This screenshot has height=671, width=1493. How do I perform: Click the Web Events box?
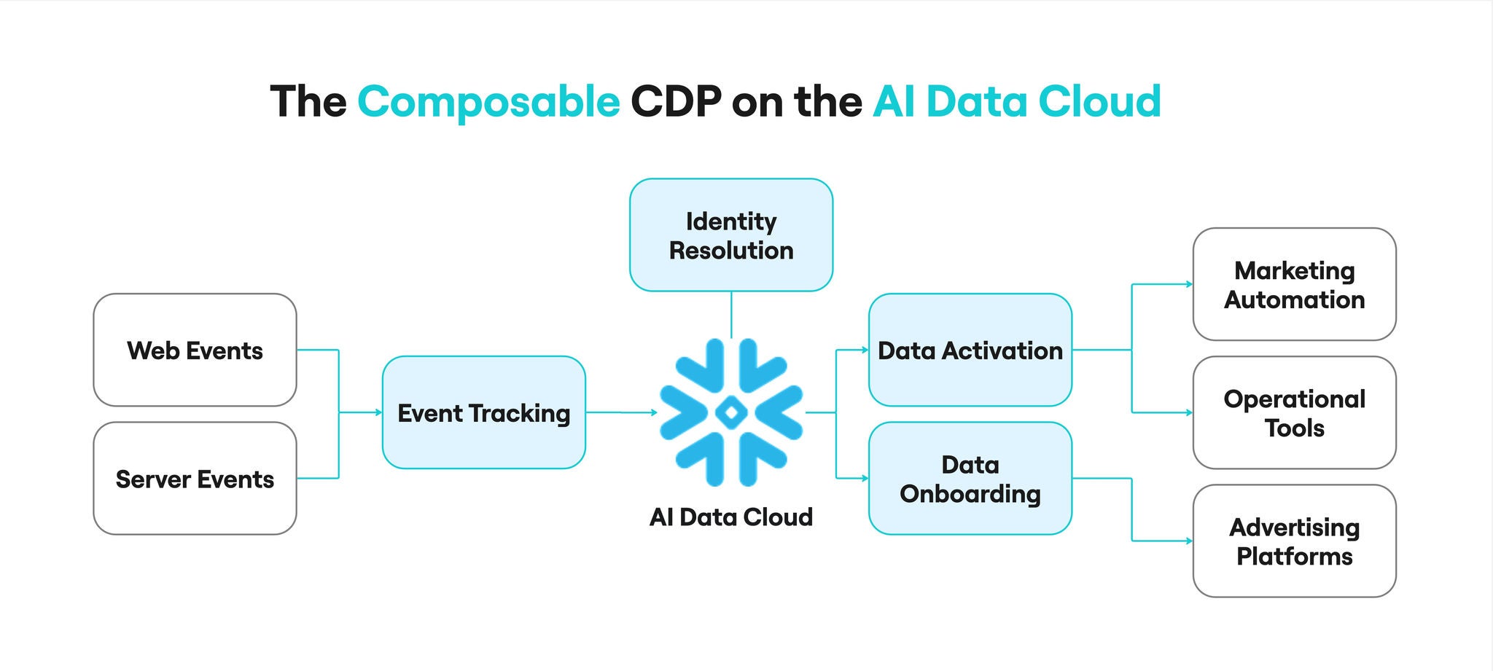click(195, 350)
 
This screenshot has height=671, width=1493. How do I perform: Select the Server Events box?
click(195, 479)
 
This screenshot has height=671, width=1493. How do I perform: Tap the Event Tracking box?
click(483, 412)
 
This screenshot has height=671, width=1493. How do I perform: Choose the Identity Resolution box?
click(731, 235)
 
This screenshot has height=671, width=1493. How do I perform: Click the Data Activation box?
click(970, 350)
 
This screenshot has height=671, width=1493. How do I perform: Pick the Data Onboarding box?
click(970, 479)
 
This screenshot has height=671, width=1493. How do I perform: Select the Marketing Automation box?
click(1294, 285)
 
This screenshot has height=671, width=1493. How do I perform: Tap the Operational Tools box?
click(1294, 413)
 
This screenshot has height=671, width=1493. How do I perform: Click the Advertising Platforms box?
click(1294, 541)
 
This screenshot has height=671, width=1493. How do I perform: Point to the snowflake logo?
click(731, 412)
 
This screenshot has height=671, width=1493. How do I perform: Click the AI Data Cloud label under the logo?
click(731, 517)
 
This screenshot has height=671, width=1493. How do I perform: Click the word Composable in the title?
click(488, 101)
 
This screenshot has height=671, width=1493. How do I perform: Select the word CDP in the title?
click(676, 101)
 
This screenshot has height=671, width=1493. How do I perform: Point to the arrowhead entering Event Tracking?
click(379, 412)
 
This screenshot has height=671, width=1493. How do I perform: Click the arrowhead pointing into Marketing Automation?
click(1190, 284)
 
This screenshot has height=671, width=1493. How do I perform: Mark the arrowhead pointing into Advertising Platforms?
click(1190, 541)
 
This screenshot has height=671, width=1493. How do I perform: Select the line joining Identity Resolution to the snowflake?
click(731, 315)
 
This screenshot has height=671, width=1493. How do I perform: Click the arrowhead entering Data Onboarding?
click(865, 479)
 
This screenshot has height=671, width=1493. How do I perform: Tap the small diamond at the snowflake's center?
click(731, 413)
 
